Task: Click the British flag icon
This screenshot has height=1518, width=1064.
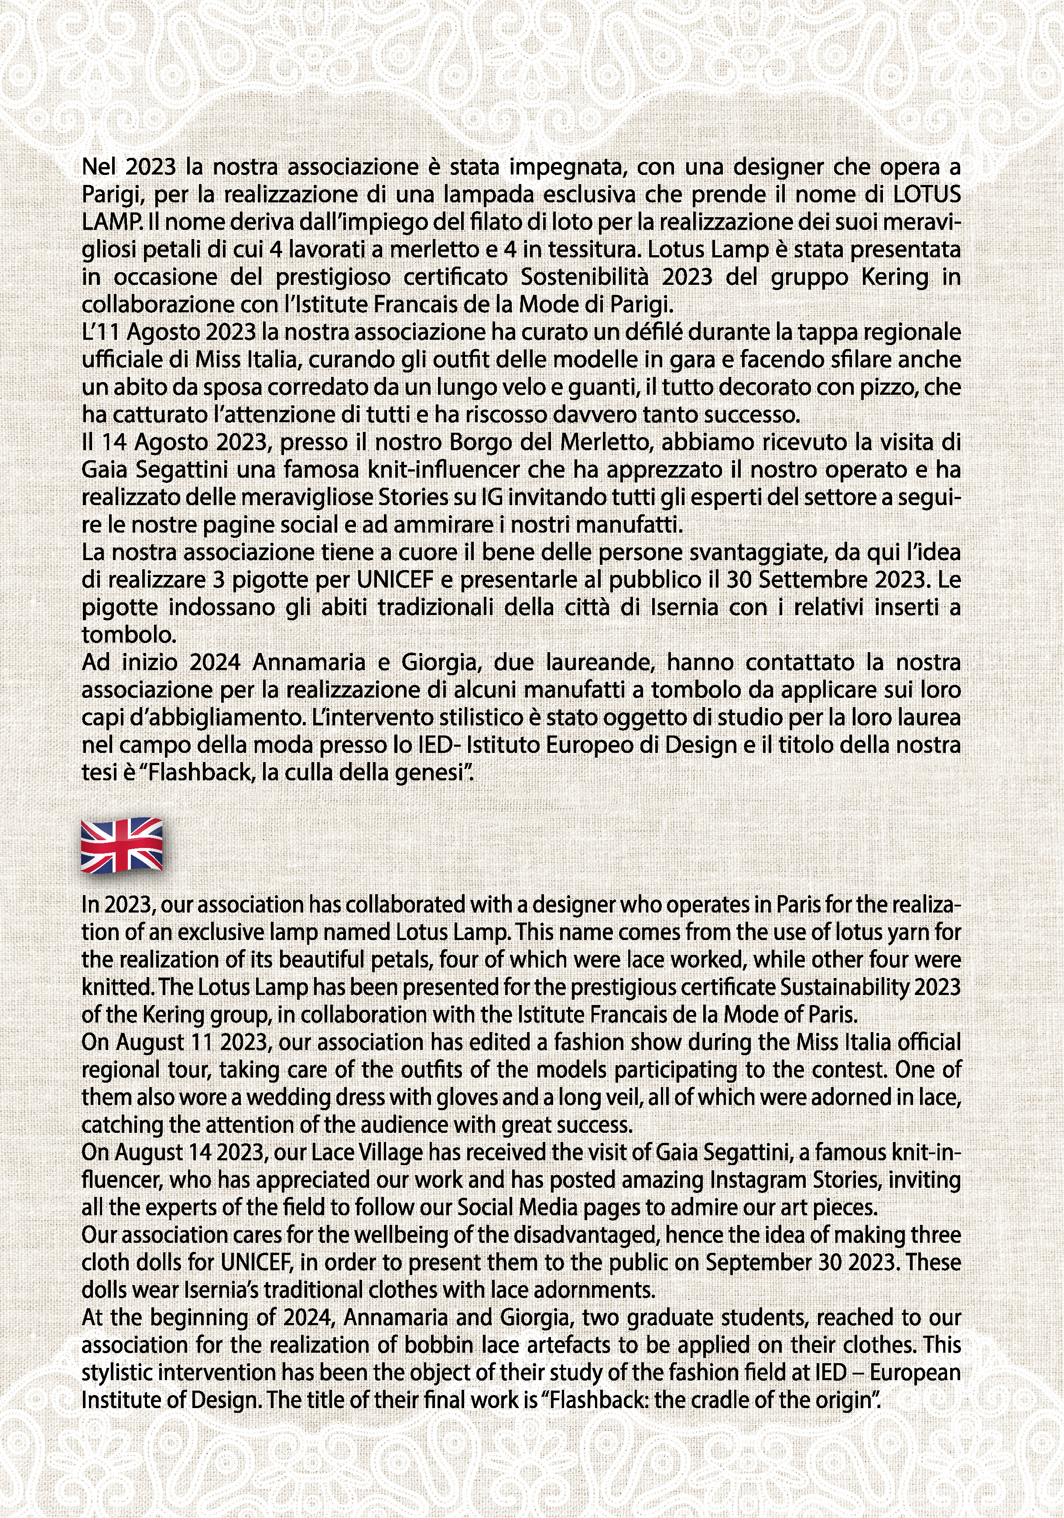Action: [x=122, y=846]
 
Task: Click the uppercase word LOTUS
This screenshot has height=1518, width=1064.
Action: [x=927, y=195]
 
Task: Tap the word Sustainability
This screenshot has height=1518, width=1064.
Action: [x=845, y=987]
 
